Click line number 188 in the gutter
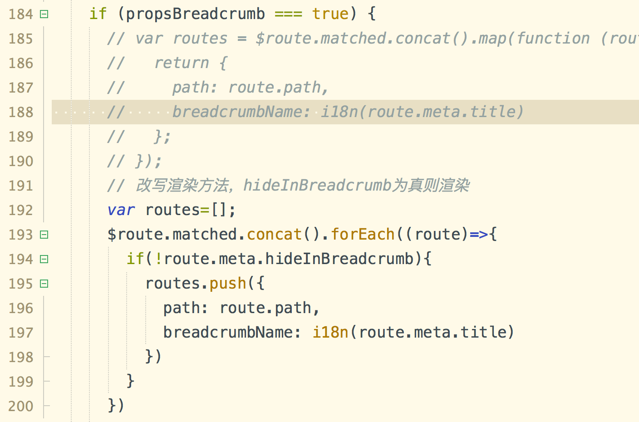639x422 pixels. (x=21, y=112)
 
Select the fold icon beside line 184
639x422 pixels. (x=44, y=14)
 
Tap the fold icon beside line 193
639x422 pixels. (x=44, y=235)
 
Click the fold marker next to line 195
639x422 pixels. (x=44, y=284)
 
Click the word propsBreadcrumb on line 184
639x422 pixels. (x=195, y=14)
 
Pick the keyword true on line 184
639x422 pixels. (x=330, y=14)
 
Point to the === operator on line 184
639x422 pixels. (x=288, y=14)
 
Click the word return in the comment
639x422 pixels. (x=182, y=63)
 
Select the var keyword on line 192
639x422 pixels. (x=121, y=210)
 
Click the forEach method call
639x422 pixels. (x=363, y=235)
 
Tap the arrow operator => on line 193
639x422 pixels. (x=479, y=235)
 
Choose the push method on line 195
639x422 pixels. (x=227, y=284)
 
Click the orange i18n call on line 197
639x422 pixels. (x=330, y=333)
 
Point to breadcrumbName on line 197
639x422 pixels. (x=227, y=333)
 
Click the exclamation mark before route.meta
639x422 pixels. (x=158, y=259)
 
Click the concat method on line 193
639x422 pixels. (x=274, y=235)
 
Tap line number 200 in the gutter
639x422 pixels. (x=21, y=406)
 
